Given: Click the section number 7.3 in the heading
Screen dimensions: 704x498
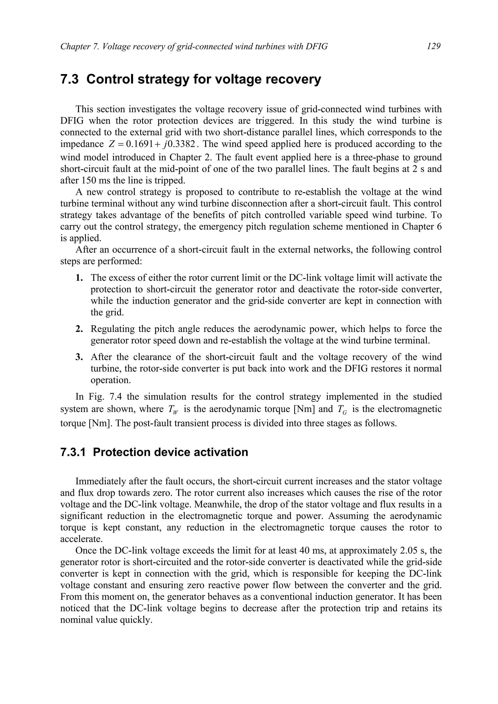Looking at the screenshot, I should [x=69, y=79].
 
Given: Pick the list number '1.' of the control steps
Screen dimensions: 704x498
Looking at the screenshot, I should [x=79, y=278].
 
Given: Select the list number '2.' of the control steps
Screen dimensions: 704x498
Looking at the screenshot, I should [x=79, y=329].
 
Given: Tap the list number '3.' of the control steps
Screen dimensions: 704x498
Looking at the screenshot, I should [x=79, y=357].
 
